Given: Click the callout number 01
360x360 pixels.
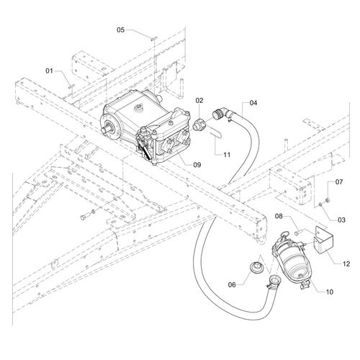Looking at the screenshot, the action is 49,71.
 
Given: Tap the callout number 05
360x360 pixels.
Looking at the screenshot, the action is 121,30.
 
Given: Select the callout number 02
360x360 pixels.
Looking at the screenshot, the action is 199,101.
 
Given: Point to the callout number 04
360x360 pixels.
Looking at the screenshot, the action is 253,103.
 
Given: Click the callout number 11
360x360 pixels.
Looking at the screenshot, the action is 227,155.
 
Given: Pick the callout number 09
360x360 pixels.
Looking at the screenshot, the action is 197,165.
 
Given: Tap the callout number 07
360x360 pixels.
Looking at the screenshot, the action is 339,181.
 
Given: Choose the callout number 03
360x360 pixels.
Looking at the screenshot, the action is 341,220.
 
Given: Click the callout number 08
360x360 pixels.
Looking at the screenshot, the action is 279,216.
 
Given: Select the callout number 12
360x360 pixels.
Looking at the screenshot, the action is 346,264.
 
